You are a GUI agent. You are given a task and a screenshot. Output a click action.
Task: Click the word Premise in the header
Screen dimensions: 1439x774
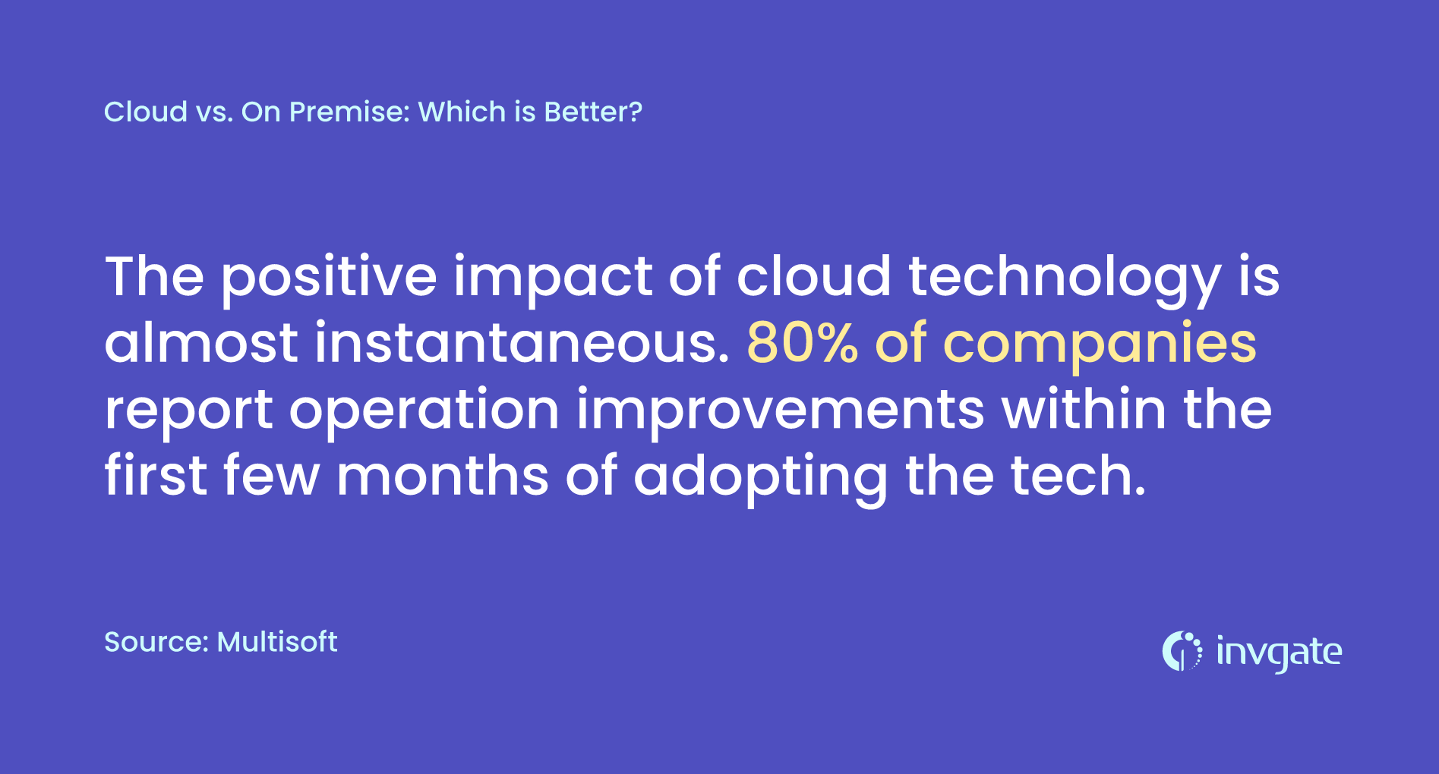click(350, 112)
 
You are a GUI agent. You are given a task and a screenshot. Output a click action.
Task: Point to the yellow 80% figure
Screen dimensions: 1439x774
click(803, 343)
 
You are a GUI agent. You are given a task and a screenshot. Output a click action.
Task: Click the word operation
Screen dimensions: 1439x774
click(424, 410)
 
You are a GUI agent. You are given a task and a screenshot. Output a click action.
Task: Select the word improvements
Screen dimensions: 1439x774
click(781, 410)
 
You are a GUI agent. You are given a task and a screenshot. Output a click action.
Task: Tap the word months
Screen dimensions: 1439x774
click(443, 476)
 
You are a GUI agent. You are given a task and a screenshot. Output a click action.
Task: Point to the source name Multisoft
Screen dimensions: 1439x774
click(277, 642)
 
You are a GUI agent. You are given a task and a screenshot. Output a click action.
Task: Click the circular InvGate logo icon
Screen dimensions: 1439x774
click(1182, 651)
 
